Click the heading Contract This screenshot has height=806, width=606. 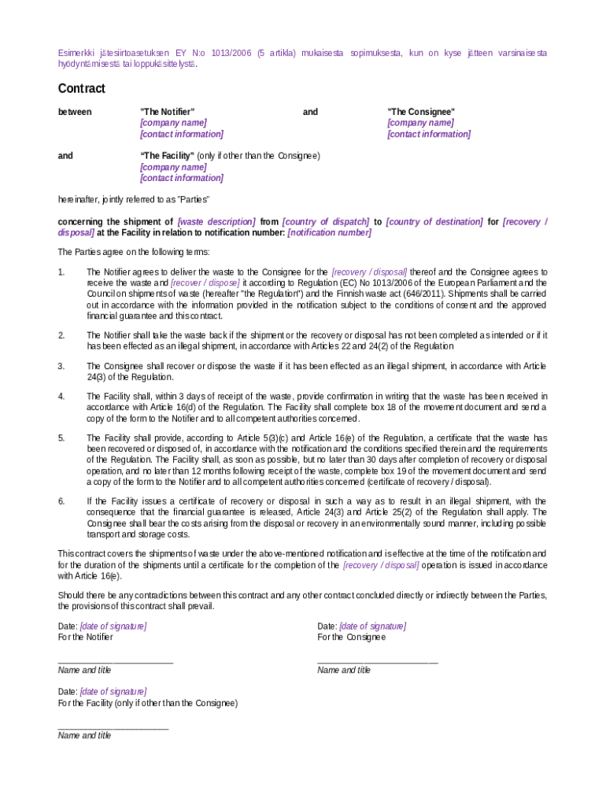81,89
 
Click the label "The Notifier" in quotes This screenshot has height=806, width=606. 167,112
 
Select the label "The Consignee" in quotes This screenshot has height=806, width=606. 420,112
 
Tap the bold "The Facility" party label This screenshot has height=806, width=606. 167,156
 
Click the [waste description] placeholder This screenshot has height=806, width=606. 216,222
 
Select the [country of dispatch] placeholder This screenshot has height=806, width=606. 325,222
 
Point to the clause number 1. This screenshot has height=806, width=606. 61,272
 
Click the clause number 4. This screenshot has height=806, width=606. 61,396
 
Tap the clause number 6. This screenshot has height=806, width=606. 61,501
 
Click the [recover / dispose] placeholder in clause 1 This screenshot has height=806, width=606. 205,283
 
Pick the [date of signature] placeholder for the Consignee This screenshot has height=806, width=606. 372,626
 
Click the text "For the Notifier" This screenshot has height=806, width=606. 85,637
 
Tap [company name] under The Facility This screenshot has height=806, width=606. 173,167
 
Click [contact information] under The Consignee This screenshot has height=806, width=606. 428,134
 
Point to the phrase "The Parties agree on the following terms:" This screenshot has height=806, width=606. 134,252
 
